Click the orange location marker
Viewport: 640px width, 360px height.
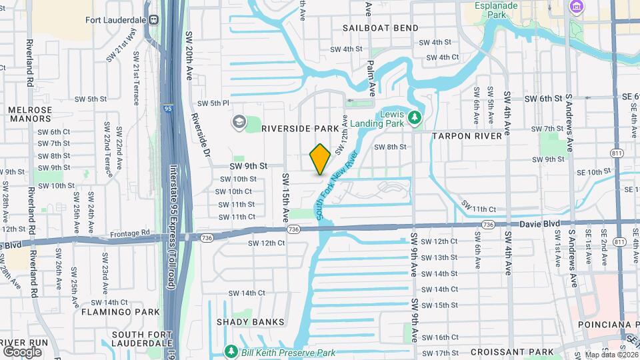pyautogui.click(x=320, y=159)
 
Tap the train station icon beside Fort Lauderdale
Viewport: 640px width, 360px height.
pyautogui.click(x=153, y=19)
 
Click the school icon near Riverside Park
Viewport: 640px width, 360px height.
pyautogui.click(x=238, y=122)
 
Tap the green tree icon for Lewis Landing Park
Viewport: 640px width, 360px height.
pyautogui.click(x=415, y=118)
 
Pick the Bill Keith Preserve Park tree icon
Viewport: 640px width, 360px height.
pyautogui.click(x=231, y=351)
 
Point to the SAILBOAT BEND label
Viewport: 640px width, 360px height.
pyautogui.click(x=381, y=28)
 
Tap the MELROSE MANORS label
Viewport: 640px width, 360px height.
pyautogui.click(x=29, y=114)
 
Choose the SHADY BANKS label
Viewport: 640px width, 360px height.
pyautogui.click(x=250, y=322)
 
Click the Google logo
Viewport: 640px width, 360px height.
pyautogui.click(x=22, y=351)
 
